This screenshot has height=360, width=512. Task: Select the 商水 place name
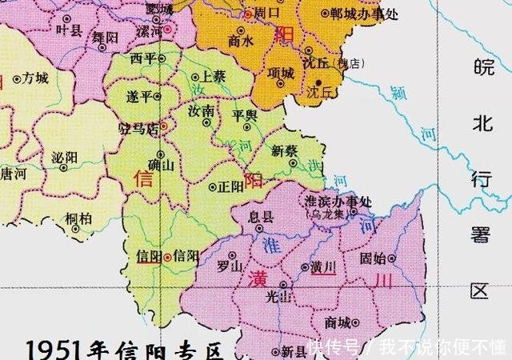241,40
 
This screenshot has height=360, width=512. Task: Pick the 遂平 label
138,96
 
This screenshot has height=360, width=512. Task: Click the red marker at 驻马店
164,126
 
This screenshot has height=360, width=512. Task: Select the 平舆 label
245,115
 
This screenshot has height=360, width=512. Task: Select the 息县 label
262,216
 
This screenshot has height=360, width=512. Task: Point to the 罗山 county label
230,267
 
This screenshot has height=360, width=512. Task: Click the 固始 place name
374,258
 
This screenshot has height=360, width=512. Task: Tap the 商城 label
338,323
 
